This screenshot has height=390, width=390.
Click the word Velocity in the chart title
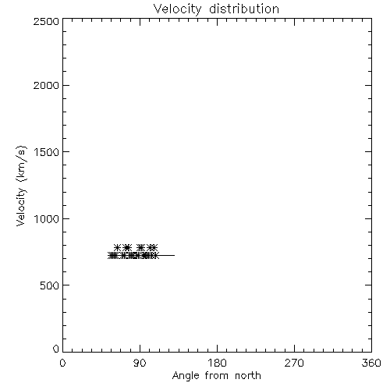coord(178,9)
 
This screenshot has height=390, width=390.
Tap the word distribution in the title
coord(244,9)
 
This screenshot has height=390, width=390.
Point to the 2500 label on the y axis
coord(46,21)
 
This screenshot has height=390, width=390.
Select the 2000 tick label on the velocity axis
coord(46,85)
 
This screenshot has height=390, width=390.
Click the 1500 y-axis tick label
coord(47,152)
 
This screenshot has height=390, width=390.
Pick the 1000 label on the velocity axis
coord(47,218)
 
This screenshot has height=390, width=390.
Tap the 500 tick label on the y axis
coord(50,285)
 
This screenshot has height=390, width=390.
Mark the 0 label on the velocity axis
coord(56,349)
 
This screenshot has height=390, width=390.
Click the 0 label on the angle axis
coord(62,363)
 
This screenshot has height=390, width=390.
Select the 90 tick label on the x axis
coord(140,363)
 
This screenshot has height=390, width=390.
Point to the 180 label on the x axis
coord(217,363)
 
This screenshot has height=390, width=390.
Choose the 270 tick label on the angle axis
coord(294,363)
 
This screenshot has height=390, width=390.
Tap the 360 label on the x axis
coord(371,363)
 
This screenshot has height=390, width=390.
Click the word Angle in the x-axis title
coord(186,377)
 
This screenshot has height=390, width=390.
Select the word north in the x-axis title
coord(248,375)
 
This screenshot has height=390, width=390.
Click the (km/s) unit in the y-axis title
coord(22,163)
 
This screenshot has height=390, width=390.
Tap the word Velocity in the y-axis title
coord(21,207)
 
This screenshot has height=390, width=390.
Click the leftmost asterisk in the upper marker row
coord(117,247)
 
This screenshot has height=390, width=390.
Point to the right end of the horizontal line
coord(175,255)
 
